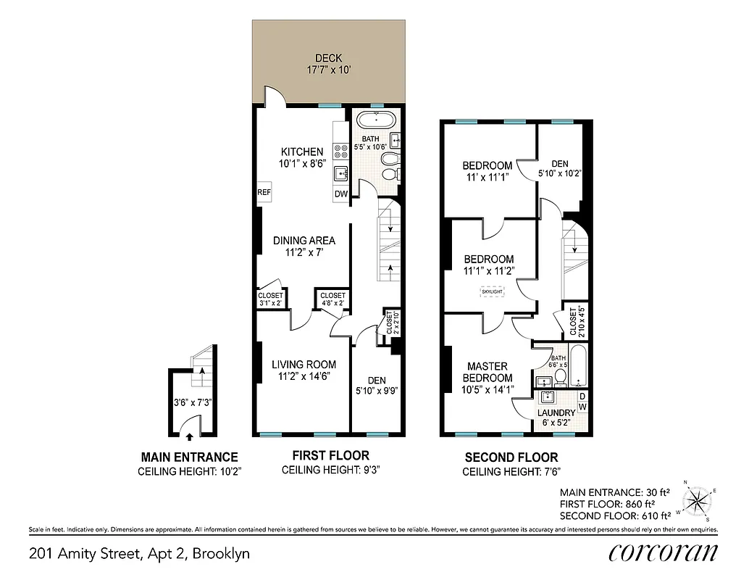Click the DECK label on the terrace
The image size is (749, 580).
328,59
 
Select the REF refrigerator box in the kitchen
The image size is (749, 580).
264,193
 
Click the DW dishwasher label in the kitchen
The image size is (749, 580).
340,194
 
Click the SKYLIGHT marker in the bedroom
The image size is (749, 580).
493,291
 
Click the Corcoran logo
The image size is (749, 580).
663,552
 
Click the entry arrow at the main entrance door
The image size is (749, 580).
190,436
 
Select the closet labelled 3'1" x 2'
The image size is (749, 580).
269,299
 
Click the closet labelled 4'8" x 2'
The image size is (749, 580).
332,299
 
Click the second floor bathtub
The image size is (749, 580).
579,368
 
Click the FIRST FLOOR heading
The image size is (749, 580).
330,455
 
